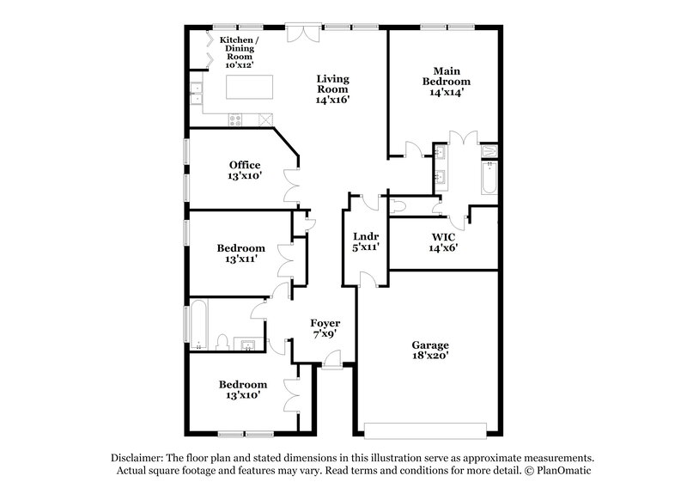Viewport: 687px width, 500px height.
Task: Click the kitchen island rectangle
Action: pos(250,87)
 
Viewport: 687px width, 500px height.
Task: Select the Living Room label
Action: pos(333,88)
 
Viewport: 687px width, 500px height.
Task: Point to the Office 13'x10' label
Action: pos(245,170)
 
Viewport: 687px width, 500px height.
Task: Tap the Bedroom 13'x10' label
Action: pos(242,389)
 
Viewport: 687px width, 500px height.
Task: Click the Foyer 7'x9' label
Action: pos(325,328)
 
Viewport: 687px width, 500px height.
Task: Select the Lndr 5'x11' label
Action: pos(367,241)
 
